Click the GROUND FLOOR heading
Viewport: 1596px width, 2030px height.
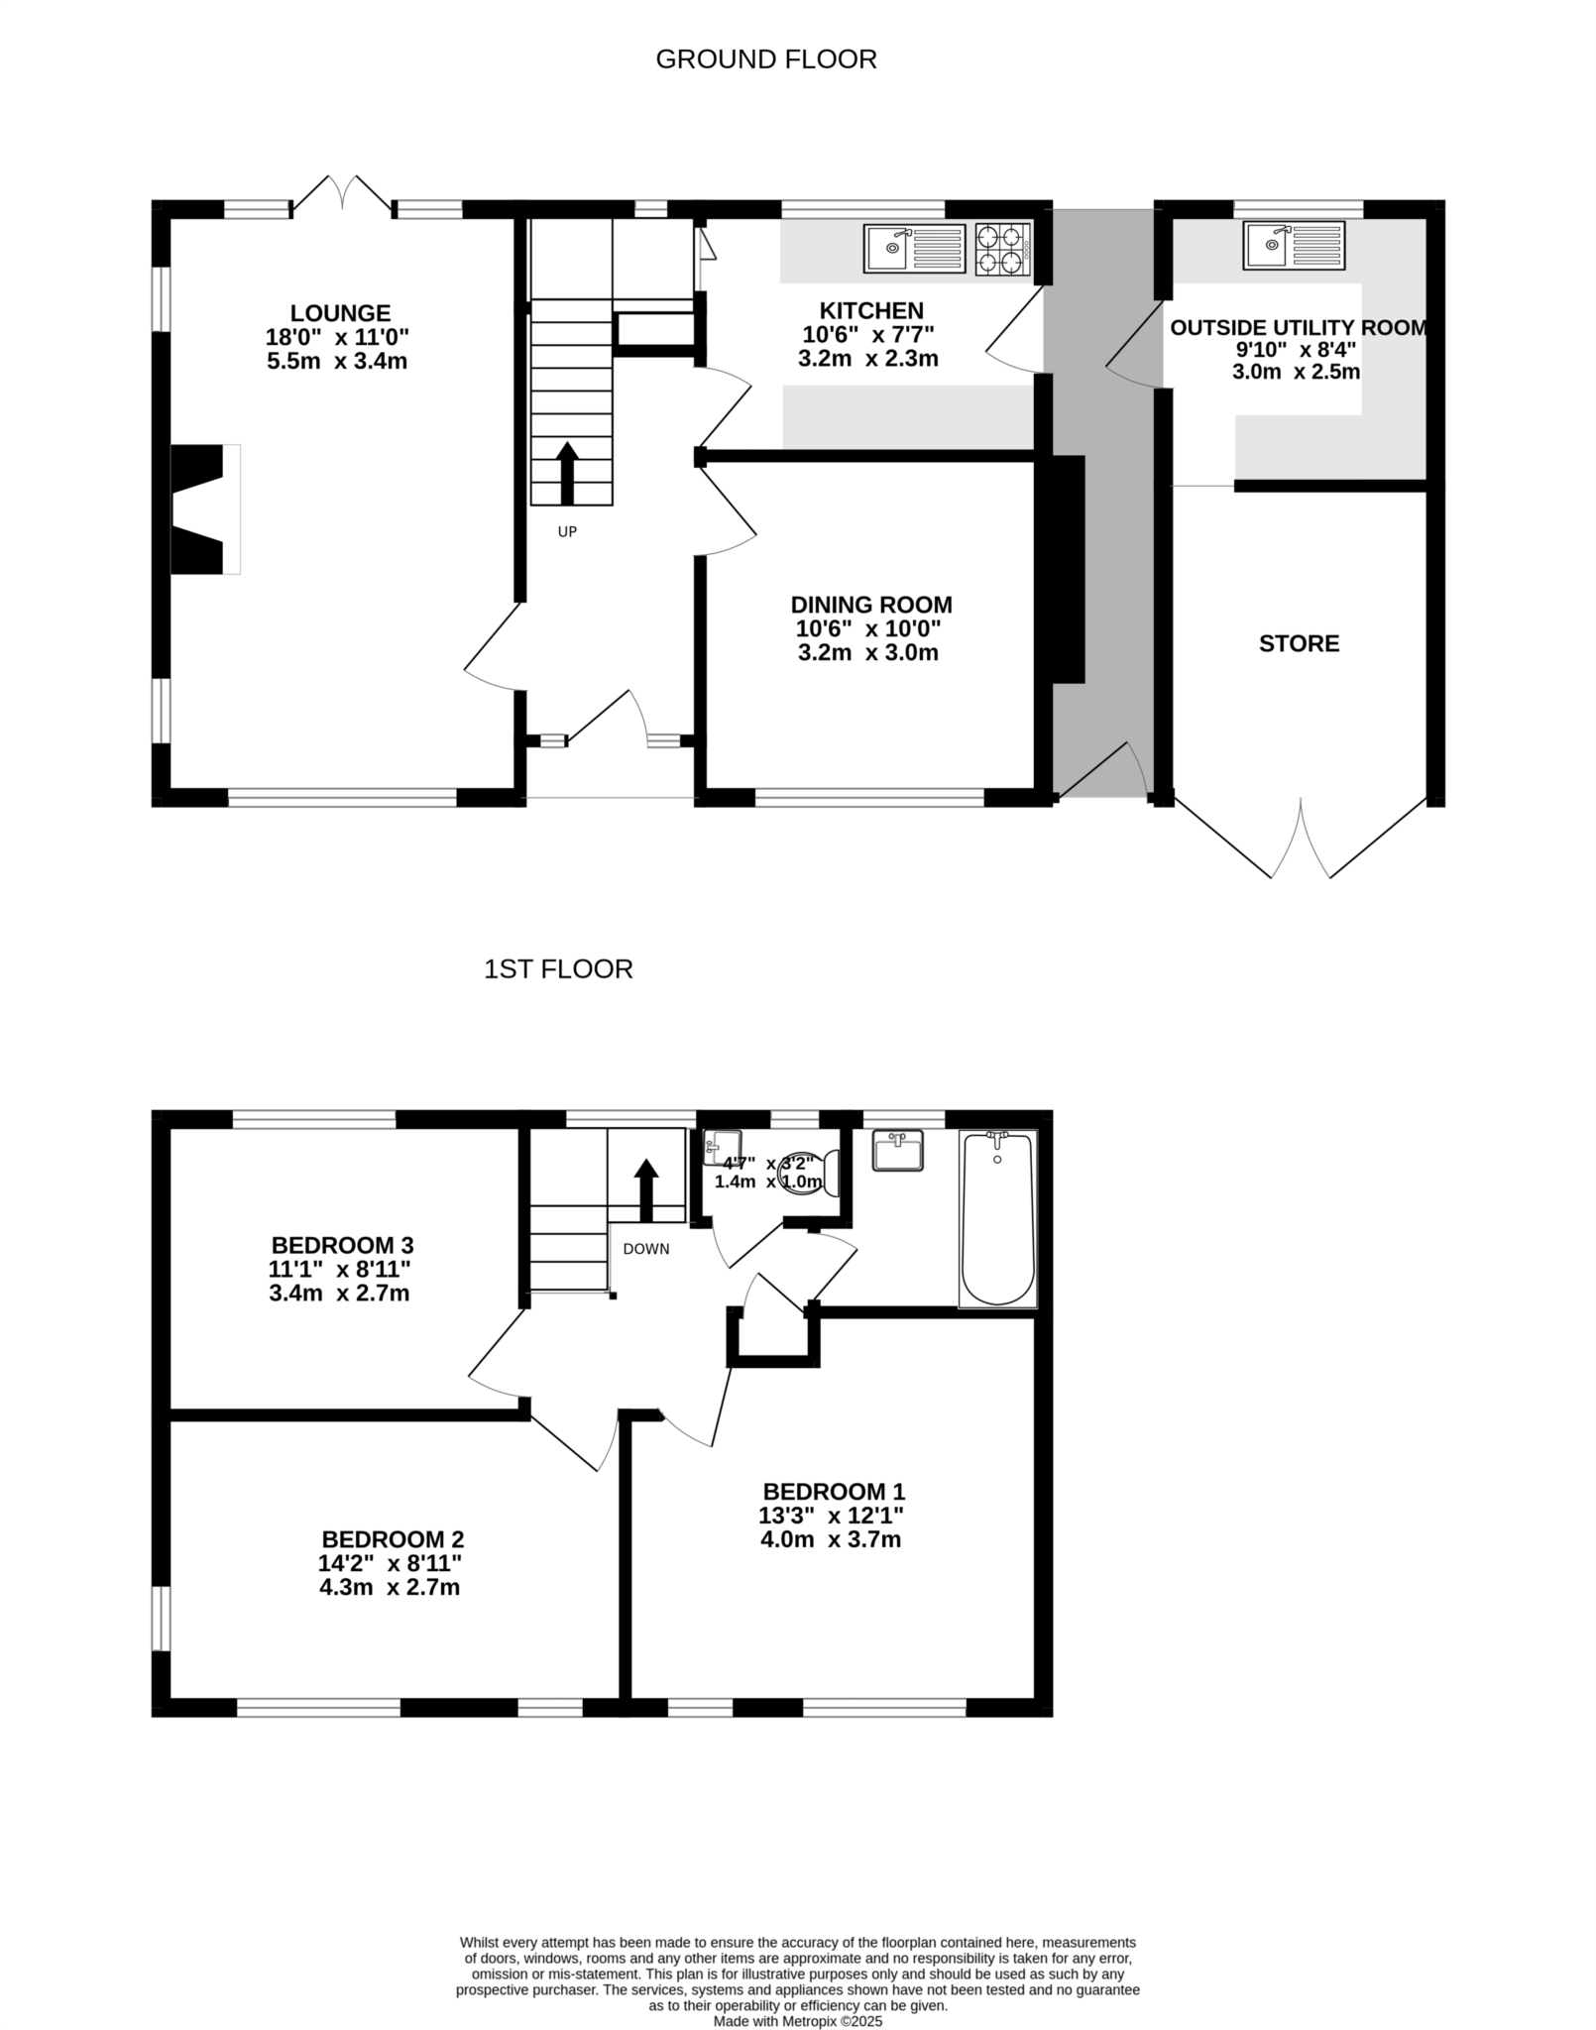tap(766, 59)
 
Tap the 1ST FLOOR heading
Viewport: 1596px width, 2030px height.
tap(558, 969)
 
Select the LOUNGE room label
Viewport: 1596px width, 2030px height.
tap(340, 313)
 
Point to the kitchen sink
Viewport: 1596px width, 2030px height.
tap(914, 249)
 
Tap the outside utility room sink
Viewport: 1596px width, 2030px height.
tap(1294, 245)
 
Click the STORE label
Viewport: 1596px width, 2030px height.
tap(1299, 644)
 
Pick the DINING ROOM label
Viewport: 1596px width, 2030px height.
tap(871, 605)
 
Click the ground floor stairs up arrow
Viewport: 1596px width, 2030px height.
tap(567, 473)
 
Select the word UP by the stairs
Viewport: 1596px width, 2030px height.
tap(567, 532)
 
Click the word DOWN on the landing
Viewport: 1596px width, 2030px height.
tap(646, 1249)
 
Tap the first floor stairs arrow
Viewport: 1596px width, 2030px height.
tap(646, 1189)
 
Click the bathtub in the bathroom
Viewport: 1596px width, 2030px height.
tap(997, 1218)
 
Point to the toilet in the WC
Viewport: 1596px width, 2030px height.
tap(812, 1173)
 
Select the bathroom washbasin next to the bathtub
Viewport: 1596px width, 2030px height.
tap(898, 1151)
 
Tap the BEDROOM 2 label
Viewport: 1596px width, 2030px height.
tap(393, 1540)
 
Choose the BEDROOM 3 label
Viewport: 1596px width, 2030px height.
tap(342, 1245)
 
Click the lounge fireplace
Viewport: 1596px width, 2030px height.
tap(204, 508)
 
